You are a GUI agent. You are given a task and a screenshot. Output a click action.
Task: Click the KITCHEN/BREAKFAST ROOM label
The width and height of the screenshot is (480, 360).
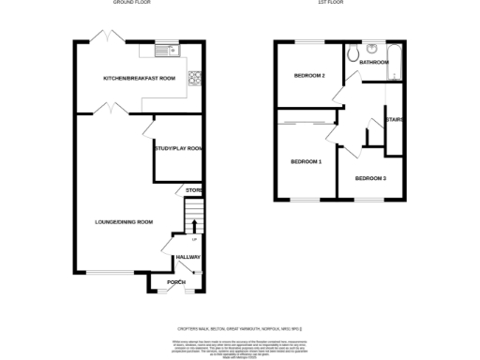(x=139, y=78)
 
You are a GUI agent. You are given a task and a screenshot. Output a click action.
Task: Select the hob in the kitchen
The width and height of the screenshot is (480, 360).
(x=196, y=78)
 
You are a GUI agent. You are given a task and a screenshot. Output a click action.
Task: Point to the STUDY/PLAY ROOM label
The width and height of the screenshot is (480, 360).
(x=178, y=148)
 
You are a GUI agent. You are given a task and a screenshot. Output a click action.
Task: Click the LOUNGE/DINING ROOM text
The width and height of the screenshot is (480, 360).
(x=124, y=222)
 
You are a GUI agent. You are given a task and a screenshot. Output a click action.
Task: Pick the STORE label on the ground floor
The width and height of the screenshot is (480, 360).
(x=194, y=191)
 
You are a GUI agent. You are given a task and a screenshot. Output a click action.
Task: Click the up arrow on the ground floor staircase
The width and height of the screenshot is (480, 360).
(x=194, y=225)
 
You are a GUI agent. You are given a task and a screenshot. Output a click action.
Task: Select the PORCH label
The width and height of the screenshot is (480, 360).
(x=176, y=281)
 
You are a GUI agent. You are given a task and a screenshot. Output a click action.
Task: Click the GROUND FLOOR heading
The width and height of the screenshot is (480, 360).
(x=132, y=3)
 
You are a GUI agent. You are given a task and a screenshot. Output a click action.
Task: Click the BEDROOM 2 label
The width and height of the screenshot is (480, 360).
(x=309, y=76)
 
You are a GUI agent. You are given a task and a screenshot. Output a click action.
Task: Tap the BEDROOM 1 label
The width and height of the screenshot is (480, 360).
(x=306, y=162)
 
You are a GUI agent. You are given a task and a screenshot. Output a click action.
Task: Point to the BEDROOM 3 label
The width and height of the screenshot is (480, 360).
(x=369, y=177)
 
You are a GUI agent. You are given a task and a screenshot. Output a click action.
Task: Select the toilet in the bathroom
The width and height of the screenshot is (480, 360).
(x=352, y=55)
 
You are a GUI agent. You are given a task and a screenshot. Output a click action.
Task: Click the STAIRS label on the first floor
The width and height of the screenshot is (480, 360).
(x=395, y=119)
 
